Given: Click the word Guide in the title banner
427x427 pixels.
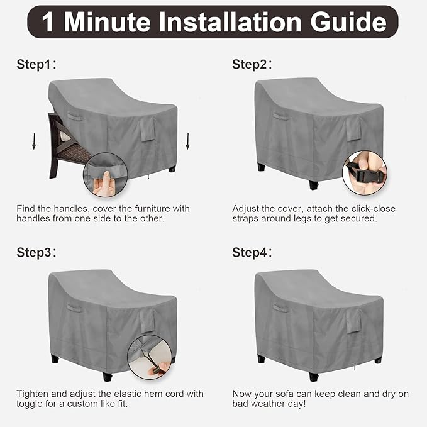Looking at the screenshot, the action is click(348, 23).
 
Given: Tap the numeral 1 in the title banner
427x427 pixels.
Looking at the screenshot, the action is click(48, 23).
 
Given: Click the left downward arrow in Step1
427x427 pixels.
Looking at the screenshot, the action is click(34, 141).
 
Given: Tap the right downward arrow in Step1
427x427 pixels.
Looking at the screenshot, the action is click(187, 141).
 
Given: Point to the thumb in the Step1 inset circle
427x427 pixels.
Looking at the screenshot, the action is click(106, 179).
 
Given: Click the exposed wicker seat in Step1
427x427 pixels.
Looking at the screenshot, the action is click(74, 153).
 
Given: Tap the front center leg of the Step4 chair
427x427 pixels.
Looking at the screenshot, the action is click(314, 377).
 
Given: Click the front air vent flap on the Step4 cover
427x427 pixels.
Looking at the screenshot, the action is click(354, 321).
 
